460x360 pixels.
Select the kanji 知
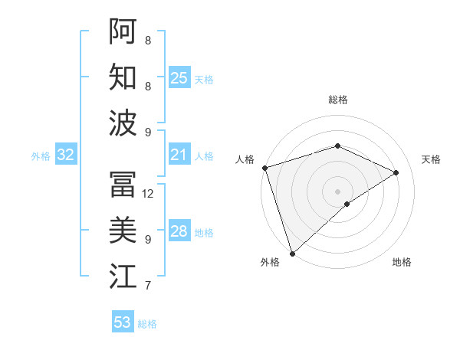point(123,77)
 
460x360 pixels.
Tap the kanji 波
point(123,123)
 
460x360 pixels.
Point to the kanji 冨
point(123,184)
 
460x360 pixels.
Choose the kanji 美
point(123,230)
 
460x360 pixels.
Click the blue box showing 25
point(179,78)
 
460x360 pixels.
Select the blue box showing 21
point(179,155)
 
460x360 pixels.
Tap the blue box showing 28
point(179,232)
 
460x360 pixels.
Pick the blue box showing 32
point(66,155)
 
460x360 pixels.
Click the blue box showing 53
point(123,322)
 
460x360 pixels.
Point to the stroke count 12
point(149,194)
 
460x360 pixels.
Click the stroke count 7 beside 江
point(148,286)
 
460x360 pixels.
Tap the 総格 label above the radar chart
point(338,100)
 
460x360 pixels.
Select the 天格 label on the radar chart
point(431,159)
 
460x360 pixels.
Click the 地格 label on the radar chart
point(402,262)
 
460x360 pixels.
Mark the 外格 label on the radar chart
point(270,262)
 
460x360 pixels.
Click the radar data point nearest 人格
point(264,168)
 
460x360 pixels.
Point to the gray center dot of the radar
point(337,191)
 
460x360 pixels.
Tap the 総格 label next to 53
point(147,324)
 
